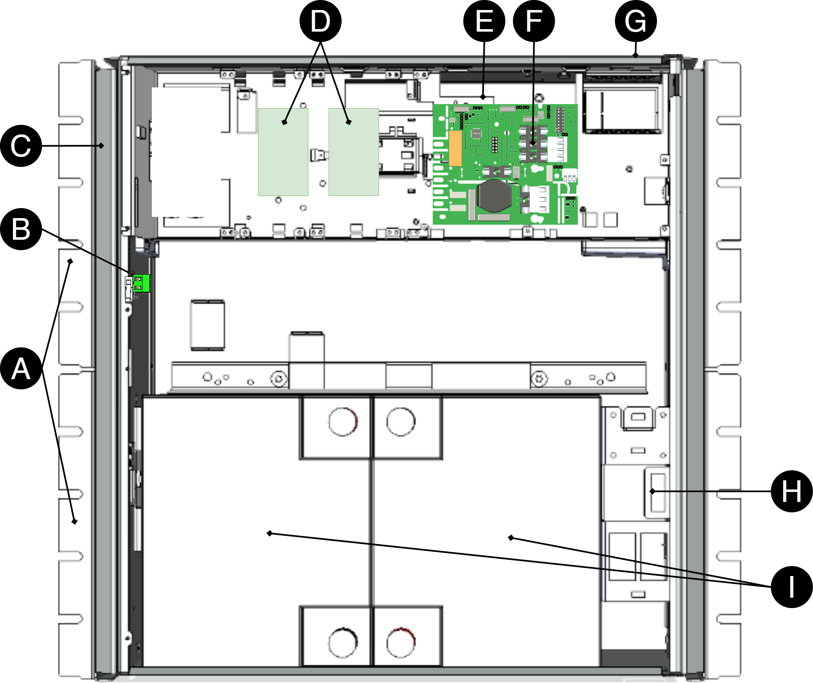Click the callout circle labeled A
[21, 368]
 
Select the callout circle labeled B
[21, 229]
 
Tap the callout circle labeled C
[21, 146]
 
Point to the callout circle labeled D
[320, 21]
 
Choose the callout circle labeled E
[484, 21]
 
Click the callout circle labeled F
[534, 21]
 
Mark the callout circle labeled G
[636, 21]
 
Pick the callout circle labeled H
[792, 491]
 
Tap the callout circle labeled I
[792, 587]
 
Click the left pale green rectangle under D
[283, 152]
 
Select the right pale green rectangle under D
[354, 152]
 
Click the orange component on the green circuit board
[456, 148]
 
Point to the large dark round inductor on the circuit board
[494, 196]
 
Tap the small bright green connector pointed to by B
[141, 283]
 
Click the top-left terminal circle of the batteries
[343, 422]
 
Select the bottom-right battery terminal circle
[401, 642]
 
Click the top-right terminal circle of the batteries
[401, 422]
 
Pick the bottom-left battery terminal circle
[343, 642]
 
